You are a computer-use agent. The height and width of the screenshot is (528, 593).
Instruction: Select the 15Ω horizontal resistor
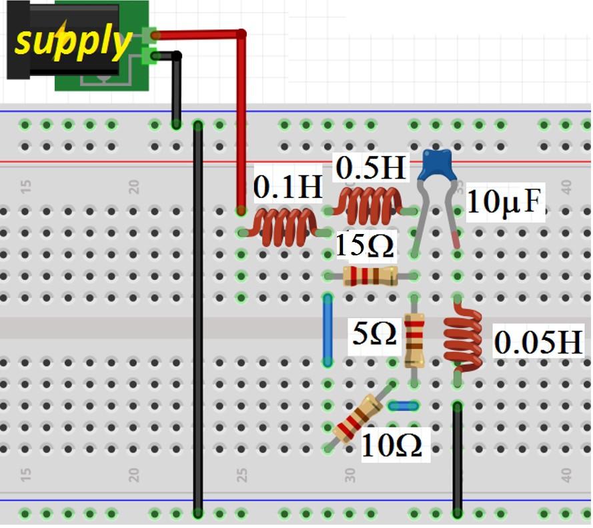[370, 276]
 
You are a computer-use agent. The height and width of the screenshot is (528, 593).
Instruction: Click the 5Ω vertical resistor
[414, 341]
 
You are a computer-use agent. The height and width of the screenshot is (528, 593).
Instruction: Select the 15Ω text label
[364, 245]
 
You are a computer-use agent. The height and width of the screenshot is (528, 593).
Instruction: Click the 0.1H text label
[287, 189]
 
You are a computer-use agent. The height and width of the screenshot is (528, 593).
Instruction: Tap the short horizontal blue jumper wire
[403, 405]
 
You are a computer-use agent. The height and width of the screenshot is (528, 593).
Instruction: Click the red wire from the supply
[241, 120]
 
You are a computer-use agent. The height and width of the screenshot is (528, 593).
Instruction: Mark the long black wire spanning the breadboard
[198, 320]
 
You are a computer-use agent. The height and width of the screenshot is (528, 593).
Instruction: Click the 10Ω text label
[392, 446]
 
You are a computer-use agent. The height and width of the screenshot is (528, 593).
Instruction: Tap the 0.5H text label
[371, 169]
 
